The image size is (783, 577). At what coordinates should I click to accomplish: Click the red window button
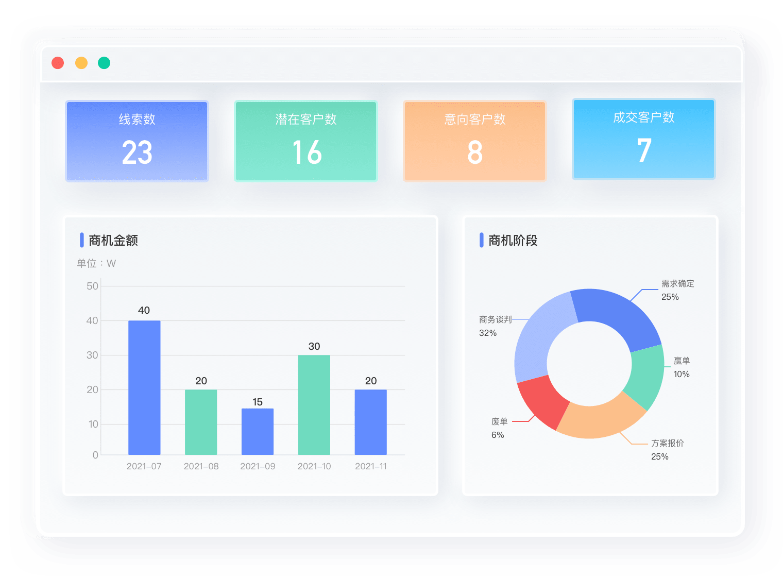(58, 63)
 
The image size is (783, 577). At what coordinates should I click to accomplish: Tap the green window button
(104, 63)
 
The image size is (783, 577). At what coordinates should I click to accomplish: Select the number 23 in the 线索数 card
(137, 152)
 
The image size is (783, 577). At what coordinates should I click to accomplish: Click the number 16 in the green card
(307, 152)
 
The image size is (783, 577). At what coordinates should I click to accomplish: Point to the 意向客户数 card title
(475, 120)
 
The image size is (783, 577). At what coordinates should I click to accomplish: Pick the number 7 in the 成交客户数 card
(644, 150)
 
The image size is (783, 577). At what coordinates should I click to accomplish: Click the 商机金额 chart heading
(113, 241)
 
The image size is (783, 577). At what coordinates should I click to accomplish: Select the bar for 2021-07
(144, 387)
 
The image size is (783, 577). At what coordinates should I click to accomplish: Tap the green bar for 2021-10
(314, 404)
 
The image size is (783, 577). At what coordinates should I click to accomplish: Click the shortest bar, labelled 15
(258, 431)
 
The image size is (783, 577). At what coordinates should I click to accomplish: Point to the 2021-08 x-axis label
(201, 466)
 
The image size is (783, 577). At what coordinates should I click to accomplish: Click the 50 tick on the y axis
(92, 286)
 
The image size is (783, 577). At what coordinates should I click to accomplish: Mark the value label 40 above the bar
(144, 310)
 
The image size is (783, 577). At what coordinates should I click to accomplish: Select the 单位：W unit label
(96, 263)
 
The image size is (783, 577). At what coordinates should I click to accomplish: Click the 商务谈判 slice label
(495, 319)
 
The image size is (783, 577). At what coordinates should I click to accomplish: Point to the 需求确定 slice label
(677, 283)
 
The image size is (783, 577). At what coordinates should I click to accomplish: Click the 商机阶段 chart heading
(513, 241)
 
